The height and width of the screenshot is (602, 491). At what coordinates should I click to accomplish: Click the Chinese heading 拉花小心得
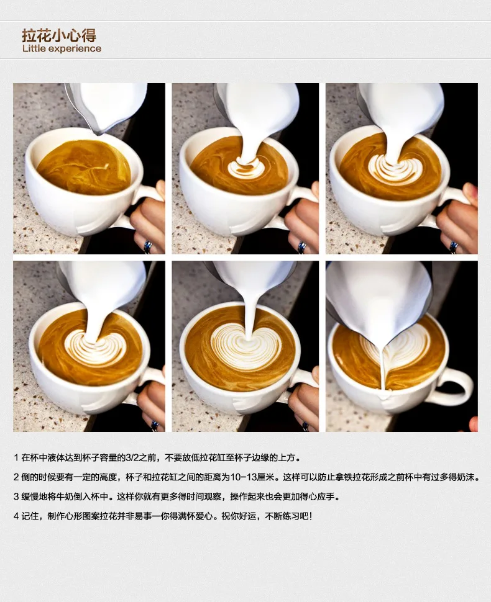coord(59,34)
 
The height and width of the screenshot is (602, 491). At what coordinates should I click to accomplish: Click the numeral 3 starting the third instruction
coord(16,496)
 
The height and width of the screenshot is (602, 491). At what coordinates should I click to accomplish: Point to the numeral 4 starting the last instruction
coord(16,516)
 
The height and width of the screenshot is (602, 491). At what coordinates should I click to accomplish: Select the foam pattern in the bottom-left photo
coord(95,348)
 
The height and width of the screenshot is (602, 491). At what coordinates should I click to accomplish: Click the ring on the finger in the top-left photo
coord(148,247)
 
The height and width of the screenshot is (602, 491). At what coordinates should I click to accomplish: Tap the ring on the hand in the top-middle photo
coord(301,247)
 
